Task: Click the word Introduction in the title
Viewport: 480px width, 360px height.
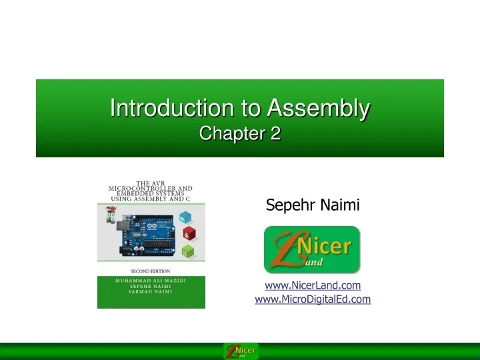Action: pos(153,108)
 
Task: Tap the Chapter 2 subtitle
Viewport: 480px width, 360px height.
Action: pos(240,134)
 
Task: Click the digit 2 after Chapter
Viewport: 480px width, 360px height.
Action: pos(275,134)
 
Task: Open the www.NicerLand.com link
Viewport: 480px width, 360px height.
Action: pos(313,285)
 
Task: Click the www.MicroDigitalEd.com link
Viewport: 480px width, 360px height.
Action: pos(313,299)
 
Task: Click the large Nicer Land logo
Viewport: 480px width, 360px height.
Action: pos(312,249)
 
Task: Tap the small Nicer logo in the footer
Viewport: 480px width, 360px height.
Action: pos(240,351)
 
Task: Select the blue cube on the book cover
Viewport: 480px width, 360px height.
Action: pos(186,217)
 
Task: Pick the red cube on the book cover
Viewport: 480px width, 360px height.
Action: pos(190,234)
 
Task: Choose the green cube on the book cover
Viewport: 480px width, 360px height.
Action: pos(188,252)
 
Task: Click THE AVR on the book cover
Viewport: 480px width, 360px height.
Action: pos(151,182)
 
